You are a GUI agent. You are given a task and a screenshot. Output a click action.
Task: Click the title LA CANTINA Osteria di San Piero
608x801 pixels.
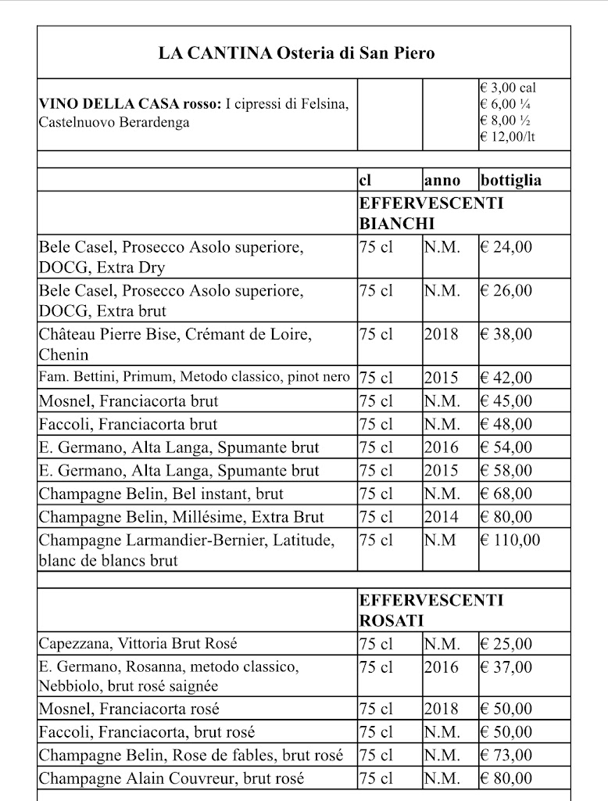296,53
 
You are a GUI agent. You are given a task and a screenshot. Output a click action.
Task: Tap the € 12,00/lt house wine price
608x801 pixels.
508,137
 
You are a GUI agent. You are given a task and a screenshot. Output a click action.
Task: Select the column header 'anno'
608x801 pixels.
442,181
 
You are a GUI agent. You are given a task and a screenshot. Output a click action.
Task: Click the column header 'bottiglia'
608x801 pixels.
511,181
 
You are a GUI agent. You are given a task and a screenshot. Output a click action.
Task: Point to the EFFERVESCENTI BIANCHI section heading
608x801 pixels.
431,213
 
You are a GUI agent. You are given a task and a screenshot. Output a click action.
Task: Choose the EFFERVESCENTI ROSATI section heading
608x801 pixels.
431,610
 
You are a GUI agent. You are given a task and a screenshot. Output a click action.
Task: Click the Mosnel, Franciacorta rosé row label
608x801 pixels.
129,709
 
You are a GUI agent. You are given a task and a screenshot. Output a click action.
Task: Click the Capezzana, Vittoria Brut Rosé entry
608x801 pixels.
138,644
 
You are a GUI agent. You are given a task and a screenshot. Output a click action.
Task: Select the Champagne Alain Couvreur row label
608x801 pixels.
171,778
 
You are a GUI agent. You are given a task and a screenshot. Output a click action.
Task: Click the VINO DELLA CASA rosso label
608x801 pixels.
130,105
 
